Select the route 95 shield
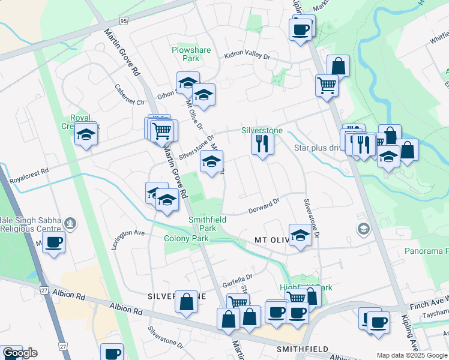(x=123, y=21)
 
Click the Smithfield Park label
(x=207, y=224)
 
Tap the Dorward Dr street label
(x=264, y=206)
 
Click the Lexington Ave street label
(x=128, y=239)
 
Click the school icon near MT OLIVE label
(x=300, y=235)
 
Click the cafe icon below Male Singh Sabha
(x=54, y=242)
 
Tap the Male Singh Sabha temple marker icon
(x=71, y=224)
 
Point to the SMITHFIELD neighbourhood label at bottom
(x=301, y=349)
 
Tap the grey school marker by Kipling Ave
(x=363, y=229)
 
